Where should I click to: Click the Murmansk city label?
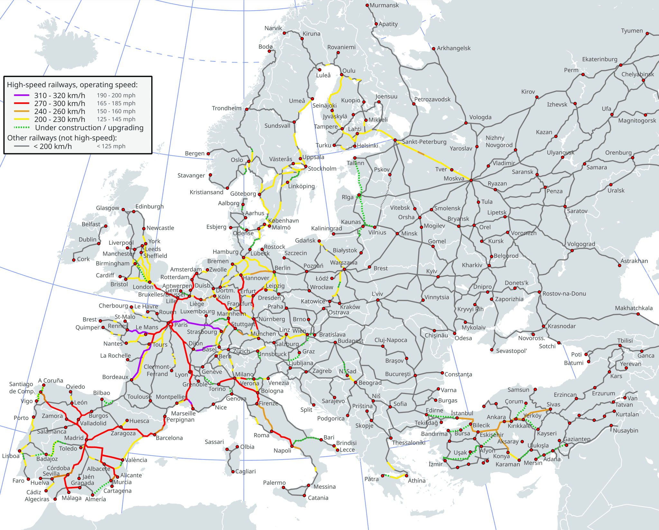coord(384,5)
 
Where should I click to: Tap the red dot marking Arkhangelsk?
coord(433,49)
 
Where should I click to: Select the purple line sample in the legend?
coord(22,95)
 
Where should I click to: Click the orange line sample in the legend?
coord(22,111)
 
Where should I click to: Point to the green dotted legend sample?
coord(22,128)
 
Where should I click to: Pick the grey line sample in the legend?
coord(22,146)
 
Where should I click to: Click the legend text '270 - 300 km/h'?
coord(60,103)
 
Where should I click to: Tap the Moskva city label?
coord(454,178)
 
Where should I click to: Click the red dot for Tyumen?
coord(647,33)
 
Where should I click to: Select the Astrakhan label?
coord(634,261)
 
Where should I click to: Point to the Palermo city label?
coord(274,482)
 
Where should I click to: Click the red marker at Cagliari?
coord(233,472)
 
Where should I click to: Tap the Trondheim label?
coord(227,108)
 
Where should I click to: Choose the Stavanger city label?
coord(191,175)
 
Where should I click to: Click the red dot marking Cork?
coord(74,260)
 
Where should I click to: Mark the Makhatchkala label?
coord(634,308)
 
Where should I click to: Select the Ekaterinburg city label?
coord(599,59)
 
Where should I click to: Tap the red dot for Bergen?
coord(208,154)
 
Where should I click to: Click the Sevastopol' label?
coord(511,351)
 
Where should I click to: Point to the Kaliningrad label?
coord(326,228)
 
